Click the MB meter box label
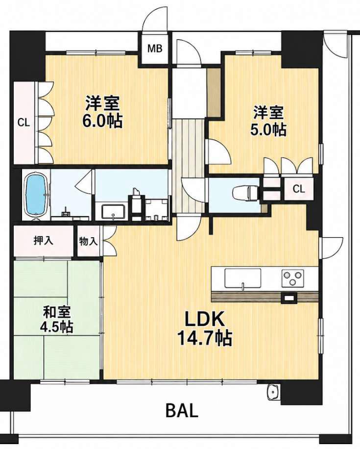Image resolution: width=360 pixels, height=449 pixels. click(x=155, y=48)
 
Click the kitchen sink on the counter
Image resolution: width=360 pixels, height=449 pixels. click(x=242, y=278)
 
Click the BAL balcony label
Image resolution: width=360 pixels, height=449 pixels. click(x=182, y=410)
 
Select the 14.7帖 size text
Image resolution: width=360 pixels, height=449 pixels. click(x=204, y=338)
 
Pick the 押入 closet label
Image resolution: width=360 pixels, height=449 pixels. click(x=43, y=241)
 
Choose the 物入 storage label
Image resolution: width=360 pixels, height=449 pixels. click(x=89, y=242)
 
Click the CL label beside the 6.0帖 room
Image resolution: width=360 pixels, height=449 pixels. click(x=24, y=123)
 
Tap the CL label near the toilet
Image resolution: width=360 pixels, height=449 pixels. click(x=299, y=189)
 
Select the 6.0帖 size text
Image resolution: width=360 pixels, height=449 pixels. click(x=102, y=121)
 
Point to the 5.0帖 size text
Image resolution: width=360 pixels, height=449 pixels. click(x=267, y=130)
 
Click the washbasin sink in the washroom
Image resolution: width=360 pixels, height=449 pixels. click(x=114, y=212)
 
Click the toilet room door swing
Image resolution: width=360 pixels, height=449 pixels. click(x=193, y=190)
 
